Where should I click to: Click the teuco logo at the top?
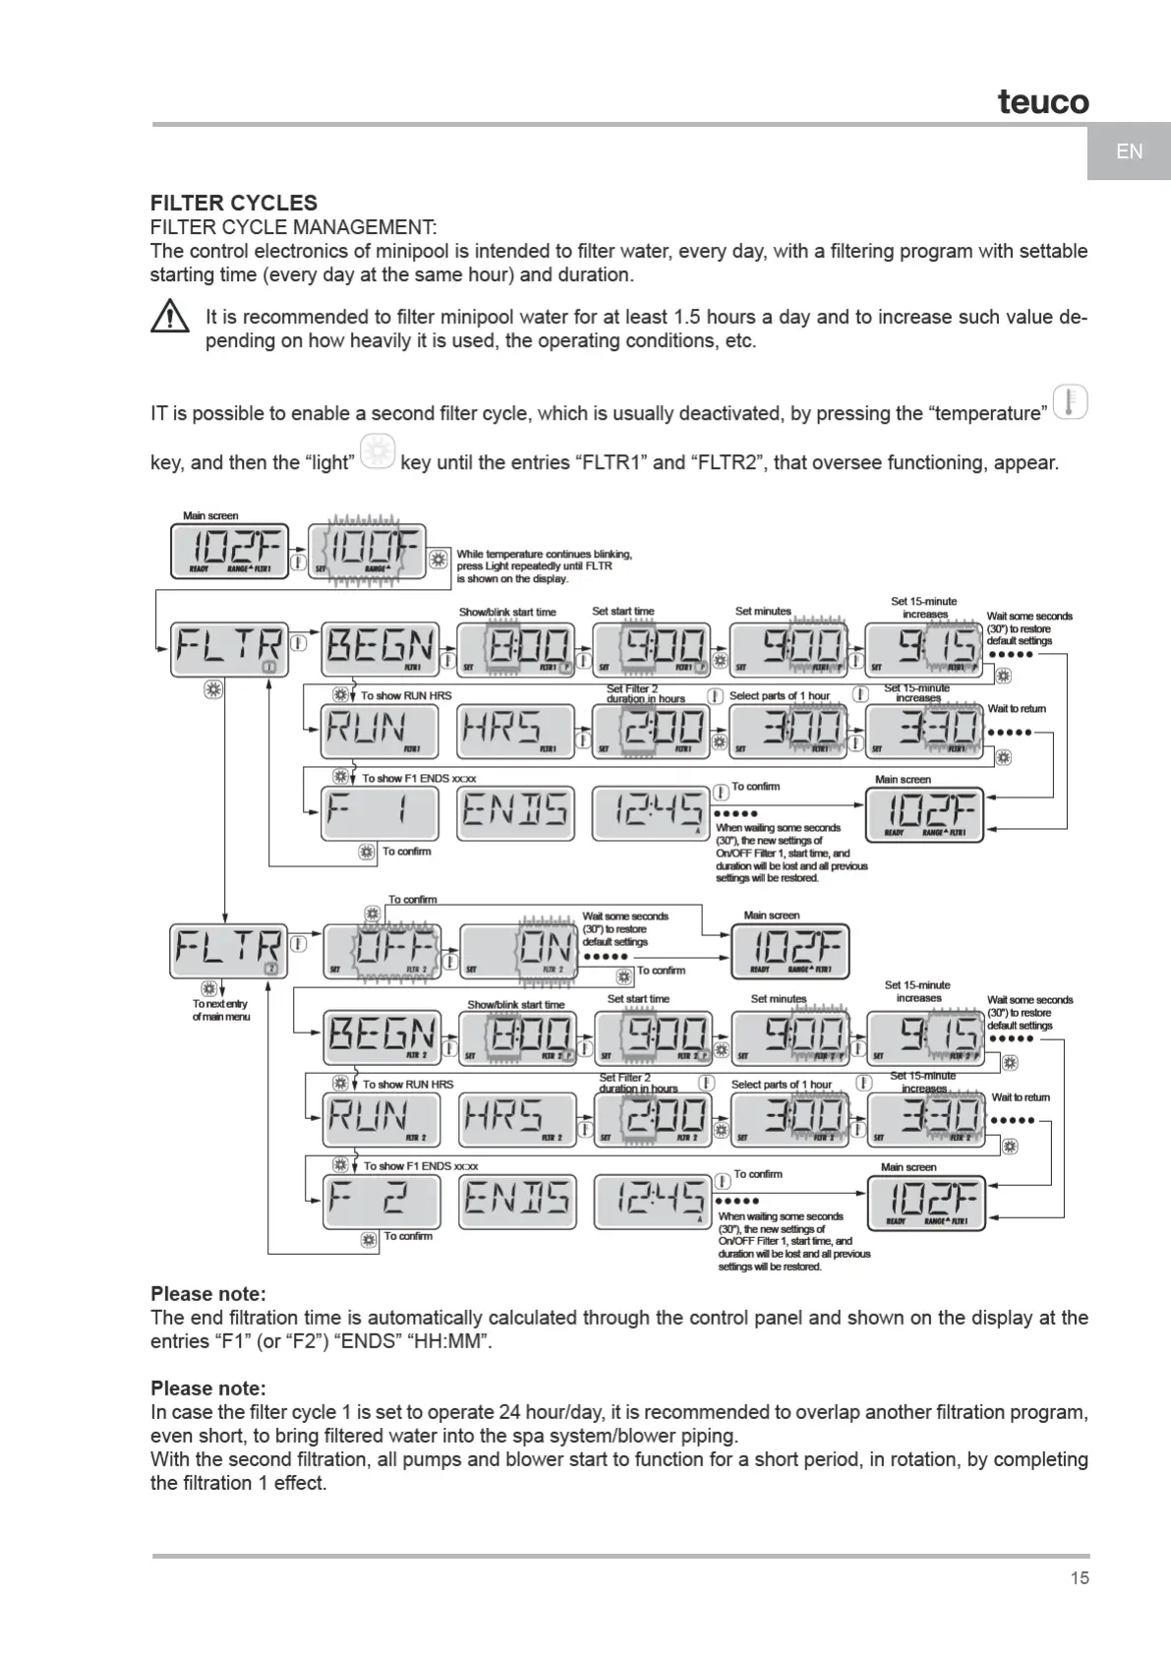click(x=1043, y=100)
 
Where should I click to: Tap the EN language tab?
click(x=1129, y=151)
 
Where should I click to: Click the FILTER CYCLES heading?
click(x=234, y=204)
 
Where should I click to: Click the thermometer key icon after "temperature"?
click(x=1070, y=403)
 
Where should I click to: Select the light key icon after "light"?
click(x=378, y=452)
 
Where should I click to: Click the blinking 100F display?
click(x=367, y=551)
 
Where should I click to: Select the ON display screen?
click(x=518, y=950)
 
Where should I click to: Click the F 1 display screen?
click(x=380, y=812)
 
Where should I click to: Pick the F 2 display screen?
click(x=381, y=1200)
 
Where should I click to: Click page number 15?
click(x=1080, y=1578)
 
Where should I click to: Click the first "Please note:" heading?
click(x=208, y=1294)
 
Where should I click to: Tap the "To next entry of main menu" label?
click(x=221, y=1010)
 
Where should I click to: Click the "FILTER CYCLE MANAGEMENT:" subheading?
click(x=293, y=227)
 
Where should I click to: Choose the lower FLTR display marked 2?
click(x=229, y=950)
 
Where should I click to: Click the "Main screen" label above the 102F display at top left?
click(x=210, y=515)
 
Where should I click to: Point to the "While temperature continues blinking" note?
click(x=544, y=566)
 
